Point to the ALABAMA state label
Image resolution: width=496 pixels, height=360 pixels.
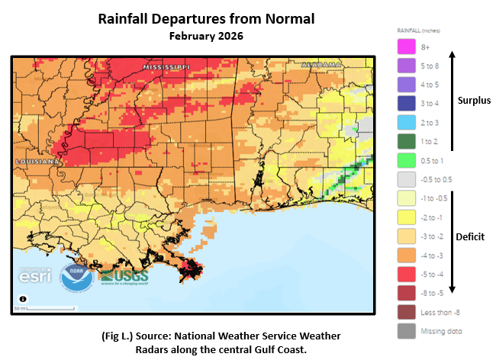coord(320,66)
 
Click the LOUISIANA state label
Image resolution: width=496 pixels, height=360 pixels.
coord(37,162)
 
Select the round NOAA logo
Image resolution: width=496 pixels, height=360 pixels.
coord(77,277)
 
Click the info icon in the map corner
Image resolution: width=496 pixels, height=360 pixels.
coord(23,299)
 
